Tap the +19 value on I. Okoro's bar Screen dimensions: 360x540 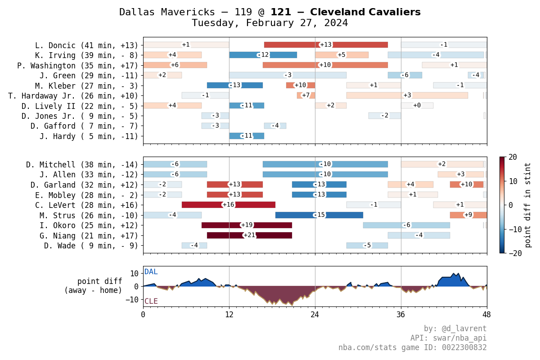tap(247, 225)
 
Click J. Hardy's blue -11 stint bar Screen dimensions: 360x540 tap(247, 136)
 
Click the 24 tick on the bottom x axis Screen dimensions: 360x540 tap(315, 315)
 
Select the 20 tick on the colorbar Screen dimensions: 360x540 tap(513, 157)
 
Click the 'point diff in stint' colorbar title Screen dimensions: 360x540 tap(528, 205)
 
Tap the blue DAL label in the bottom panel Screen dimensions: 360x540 tap(151, 272)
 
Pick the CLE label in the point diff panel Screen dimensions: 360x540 tap(151, 301)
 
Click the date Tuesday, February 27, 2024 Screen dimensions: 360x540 tap(270, 23)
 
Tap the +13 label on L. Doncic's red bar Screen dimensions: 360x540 tap(326, 45)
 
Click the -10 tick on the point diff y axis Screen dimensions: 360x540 tap(134, 299)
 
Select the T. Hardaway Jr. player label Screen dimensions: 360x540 tap(73, 95)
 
